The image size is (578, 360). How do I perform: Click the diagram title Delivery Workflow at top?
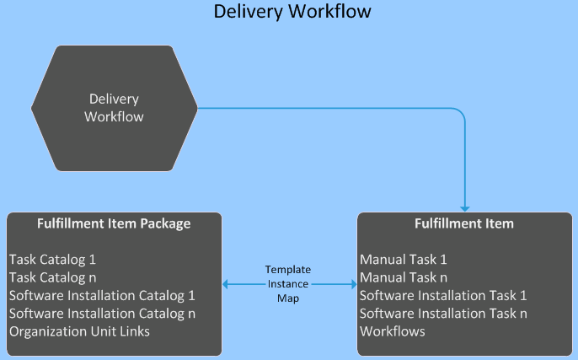292,12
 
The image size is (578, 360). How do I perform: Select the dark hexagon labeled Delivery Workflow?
114,108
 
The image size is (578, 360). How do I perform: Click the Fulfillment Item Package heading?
114,224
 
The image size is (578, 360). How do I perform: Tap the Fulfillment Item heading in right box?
465,224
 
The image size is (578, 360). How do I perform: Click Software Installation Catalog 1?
102,295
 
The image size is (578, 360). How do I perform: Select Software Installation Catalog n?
102,314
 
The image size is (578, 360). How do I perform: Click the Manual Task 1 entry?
404,259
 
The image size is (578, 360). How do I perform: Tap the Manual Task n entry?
404,277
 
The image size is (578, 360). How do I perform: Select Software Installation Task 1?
443,295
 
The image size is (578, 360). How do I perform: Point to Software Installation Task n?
443,314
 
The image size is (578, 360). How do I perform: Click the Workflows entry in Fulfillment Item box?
393,331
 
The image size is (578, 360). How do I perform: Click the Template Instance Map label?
288,284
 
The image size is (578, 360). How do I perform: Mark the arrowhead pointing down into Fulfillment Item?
464,207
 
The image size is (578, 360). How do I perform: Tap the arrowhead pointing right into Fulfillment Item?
352,285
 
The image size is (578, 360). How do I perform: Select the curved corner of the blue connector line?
460,112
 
